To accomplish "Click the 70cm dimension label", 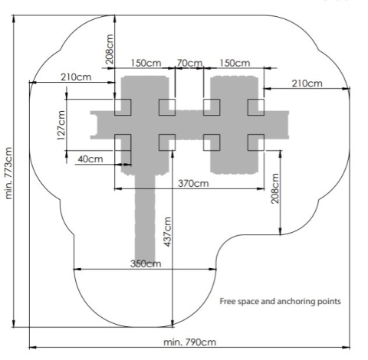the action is [190, 63].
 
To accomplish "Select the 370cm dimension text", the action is [193, 183].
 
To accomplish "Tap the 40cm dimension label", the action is [90, 159].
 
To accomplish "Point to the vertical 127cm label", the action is [61, 125].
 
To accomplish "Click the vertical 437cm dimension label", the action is [167, 231].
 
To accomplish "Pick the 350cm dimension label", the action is [146, 263].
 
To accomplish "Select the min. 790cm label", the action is [189, 342].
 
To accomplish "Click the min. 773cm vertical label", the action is [8, 173].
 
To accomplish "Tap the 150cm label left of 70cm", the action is [146, 63].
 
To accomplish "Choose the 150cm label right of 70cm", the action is [235, 63].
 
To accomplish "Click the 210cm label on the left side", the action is [76, 77].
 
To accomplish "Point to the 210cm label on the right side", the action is [307, 83].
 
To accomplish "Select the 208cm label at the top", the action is [109, 49].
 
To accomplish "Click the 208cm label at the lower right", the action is [274, 188].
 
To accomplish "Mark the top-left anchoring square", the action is [123, 107].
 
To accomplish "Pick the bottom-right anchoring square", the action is [256, 142].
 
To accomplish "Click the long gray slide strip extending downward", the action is [145, 217].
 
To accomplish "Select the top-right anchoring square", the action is [256, 107].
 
